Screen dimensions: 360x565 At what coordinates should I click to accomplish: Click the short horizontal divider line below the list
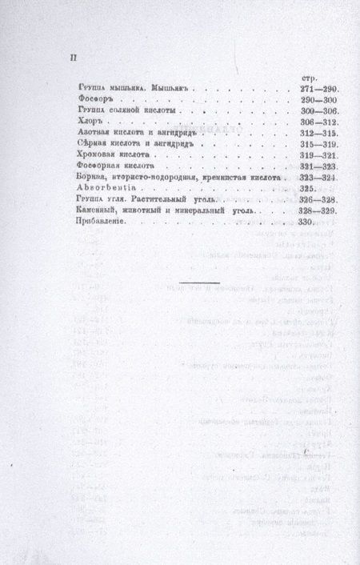(200, 282)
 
